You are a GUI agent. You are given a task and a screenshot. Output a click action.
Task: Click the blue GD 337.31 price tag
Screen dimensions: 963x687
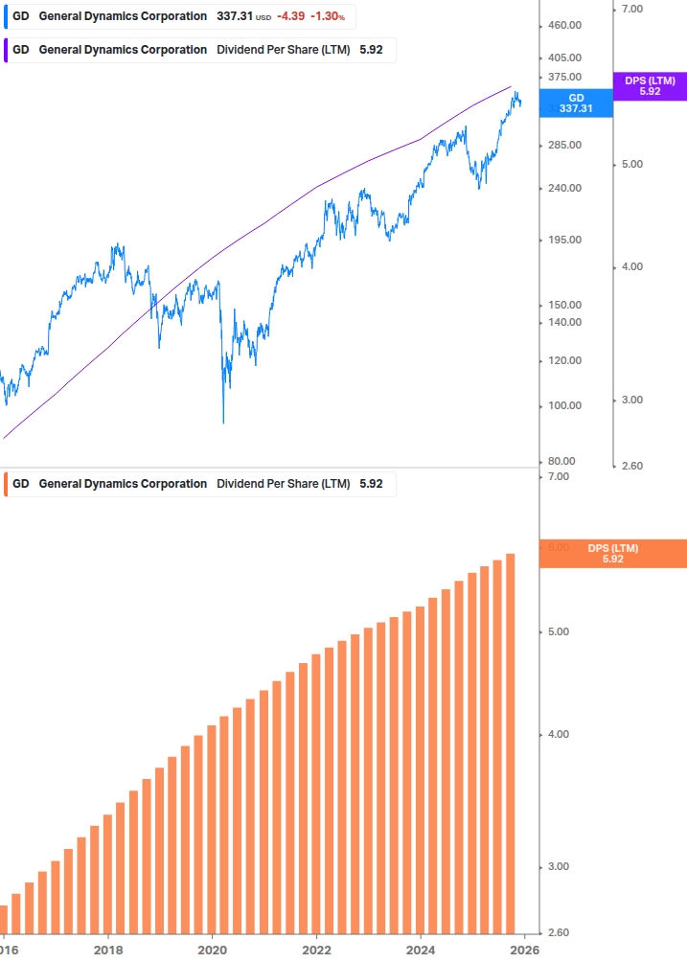point(576,103)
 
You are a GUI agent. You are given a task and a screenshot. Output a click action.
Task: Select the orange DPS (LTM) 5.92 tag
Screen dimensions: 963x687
point(613,554)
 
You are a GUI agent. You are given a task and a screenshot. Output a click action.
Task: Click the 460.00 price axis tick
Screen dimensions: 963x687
point(565,25)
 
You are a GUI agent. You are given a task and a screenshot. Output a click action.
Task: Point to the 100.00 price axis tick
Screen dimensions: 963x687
point(565,405)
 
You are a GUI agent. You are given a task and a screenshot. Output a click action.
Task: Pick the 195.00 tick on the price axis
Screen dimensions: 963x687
point(565,240)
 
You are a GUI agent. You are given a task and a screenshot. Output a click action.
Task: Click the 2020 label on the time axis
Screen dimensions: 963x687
point(212,950)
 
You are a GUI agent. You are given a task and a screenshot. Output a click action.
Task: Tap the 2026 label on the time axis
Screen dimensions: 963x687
point(523,950)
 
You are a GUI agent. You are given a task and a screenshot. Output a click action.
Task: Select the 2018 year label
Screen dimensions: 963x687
point(108,950)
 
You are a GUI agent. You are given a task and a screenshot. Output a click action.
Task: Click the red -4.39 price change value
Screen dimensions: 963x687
point(290,16)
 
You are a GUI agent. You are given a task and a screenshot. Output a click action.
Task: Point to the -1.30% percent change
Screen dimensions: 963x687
point(326,16)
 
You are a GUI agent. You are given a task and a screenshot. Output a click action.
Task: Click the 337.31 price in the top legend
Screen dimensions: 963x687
point(235,16)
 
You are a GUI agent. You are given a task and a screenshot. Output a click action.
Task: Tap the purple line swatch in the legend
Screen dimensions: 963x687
point(6,50)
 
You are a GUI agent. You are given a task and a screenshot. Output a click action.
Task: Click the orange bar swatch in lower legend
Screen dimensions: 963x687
point(6,484)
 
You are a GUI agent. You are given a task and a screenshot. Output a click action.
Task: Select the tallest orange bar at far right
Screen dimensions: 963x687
point(511,743)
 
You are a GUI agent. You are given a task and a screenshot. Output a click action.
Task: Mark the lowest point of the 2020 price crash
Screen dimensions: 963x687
point(224,423)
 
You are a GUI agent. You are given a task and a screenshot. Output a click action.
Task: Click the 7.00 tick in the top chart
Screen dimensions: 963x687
point(631,9)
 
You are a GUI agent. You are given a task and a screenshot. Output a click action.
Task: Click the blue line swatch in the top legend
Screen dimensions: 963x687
point(6,16)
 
